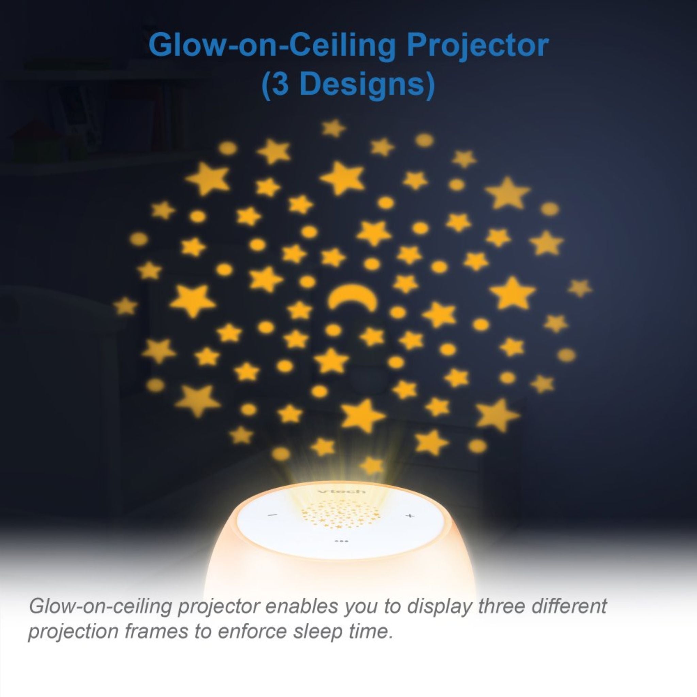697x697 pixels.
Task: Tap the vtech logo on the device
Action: [342, 491]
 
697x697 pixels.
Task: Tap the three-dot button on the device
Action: [341, 541]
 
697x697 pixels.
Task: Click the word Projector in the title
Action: [477, 46]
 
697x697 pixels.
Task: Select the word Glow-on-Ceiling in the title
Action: [272, 46]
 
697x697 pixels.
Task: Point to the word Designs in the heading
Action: [362, 85]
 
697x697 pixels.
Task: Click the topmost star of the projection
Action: [333, 128]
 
